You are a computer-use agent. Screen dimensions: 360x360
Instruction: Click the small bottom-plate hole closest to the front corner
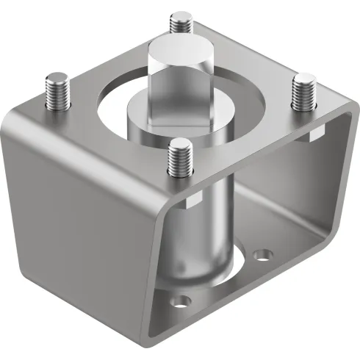[178, 301]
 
